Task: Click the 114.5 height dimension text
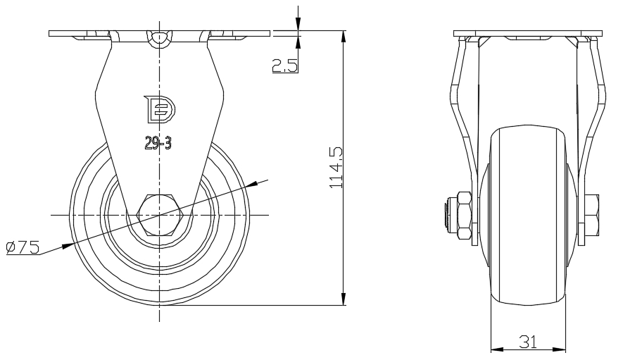pos(336,168)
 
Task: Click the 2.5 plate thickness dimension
pos(285,66)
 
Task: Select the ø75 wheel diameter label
pos(23,247)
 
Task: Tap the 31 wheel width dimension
pos(529,341)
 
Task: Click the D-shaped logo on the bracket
pos(159,109)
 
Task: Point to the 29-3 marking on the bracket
pos(158,143)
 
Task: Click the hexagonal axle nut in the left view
pos(159,215)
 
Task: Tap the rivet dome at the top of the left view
pos(160,38)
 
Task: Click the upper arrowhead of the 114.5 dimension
pos(344,36)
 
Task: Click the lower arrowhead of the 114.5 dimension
pos(344,299)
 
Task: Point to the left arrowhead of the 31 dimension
pos(497,350)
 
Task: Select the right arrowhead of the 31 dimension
pos(560,350)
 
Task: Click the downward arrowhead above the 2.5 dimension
pos(298,24)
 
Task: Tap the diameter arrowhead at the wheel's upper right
pos(253,184)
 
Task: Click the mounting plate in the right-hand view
pos(528,33)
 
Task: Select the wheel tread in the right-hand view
pos(528,216)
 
